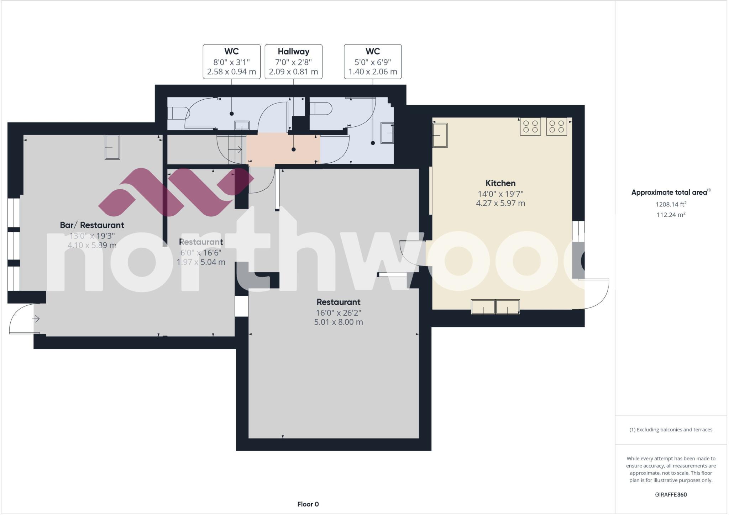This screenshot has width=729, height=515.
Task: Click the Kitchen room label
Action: click(500, 183)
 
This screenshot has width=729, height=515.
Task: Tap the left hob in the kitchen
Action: click(530, 126)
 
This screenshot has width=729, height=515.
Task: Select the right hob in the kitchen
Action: click(556, 126)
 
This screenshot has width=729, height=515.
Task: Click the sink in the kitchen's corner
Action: click(440, 135)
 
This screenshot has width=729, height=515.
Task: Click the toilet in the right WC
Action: click(321, 109)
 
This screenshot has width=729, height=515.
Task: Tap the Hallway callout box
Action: click(293, 62)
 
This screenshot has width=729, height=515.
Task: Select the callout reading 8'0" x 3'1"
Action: click(231, 62)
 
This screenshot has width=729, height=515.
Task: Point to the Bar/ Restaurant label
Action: click(92, 225)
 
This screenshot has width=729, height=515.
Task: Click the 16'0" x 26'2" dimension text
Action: click(338, 313)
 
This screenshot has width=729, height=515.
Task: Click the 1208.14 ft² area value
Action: click(671, 204)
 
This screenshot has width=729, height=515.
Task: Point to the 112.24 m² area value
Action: click(671, 215)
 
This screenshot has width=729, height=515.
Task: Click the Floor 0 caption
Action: click(308, 504)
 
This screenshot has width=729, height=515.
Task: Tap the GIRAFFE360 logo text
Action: click(671, 494)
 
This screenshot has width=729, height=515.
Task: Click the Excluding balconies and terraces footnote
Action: click(671, 430)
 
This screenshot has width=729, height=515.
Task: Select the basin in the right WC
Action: click(387, 133)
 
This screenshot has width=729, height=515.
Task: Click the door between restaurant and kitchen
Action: click(412, 253)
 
